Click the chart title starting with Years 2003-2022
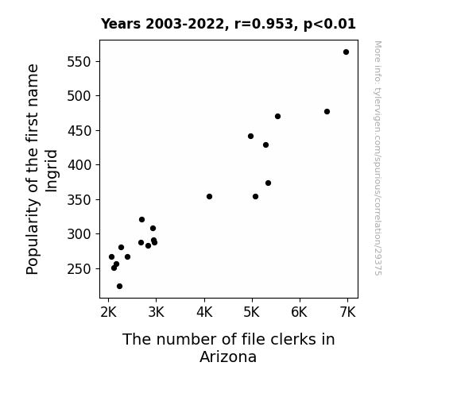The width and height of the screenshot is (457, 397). pos(228,24)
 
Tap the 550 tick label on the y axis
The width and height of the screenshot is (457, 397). pos(79,62)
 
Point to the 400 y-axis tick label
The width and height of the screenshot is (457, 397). pos(79,165)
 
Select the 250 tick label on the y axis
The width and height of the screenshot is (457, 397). pos(79,269)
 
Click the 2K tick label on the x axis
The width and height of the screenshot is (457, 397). pos(108,313)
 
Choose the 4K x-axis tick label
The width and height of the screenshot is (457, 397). pos(204,313)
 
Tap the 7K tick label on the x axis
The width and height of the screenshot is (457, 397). pos(347,313)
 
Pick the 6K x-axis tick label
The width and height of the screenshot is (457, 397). pos(300,313)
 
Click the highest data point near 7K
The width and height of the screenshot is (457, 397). pos(346,52)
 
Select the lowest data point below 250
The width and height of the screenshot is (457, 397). pos(119,287)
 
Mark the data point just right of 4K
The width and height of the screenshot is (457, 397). pos(209,197)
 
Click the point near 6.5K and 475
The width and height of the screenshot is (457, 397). pos(327,111)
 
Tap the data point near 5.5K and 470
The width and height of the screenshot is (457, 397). pos(277,117)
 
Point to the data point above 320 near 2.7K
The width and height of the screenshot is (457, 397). pos(142,220)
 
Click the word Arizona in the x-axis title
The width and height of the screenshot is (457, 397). pos(228,357)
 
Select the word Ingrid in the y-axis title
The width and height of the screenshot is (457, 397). pos(52,171)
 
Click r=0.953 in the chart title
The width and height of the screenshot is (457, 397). pos(264,24)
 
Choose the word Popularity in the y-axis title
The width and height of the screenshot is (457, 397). pos(33,237)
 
